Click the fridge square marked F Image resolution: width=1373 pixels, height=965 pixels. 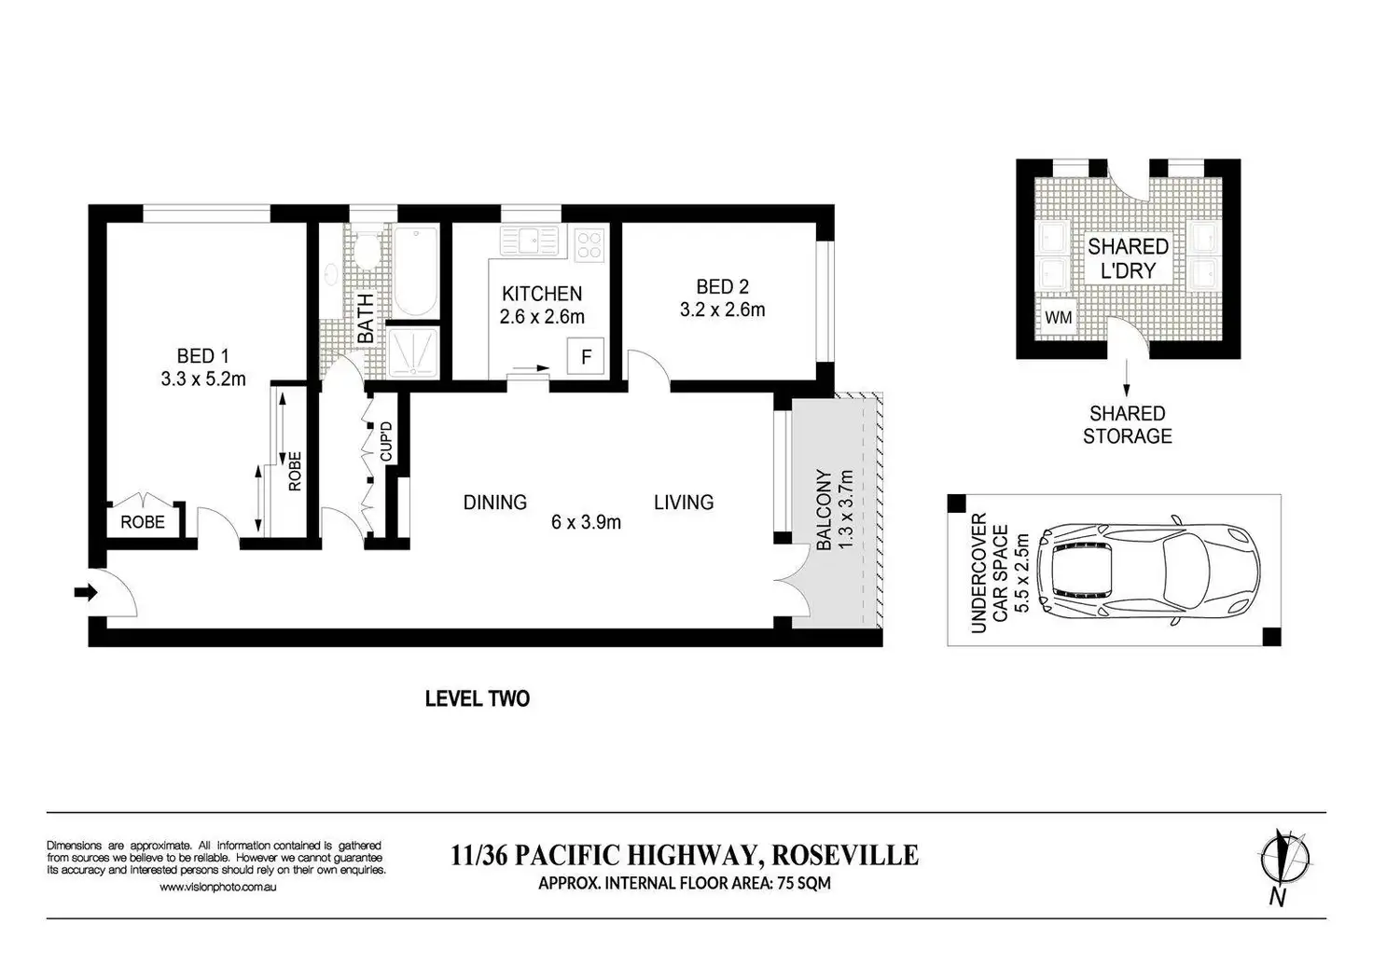click(586, 356)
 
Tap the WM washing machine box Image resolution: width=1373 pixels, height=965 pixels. click(1059, 317)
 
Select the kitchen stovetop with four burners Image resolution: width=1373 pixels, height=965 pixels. click(589, 244)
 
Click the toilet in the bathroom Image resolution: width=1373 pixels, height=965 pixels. click(367, 250)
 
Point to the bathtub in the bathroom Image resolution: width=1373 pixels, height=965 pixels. click(416, 272)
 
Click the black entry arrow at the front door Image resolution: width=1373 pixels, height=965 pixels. click(86, 592)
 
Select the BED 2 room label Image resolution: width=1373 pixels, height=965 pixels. click(722, 297)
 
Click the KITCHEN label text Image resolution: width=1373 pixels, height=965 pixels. click(542, 294)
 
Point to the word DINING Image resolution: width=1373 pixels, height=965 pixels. click(495, 503)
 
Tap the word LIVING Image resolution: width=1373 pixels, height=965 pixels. click(684, 503)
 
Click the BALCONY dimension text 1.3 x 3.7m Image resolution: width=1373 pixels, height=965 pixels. click(845, 510)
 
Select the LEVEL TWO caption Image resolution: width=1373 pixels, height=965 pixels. click(478, 698)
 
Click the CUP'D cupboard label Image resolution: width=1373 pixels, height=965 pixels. click(386, 441)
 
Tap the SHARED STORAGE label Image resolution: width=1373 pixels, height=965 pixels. click(1127, 424)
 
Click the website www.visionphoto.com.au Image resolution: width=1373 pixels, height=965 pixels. click(218, 888)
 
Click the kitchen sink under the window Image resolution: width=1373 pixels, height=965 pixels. click(530, 241)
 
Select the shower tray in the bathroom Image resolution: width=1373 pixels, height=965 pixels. click(414, 352)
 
